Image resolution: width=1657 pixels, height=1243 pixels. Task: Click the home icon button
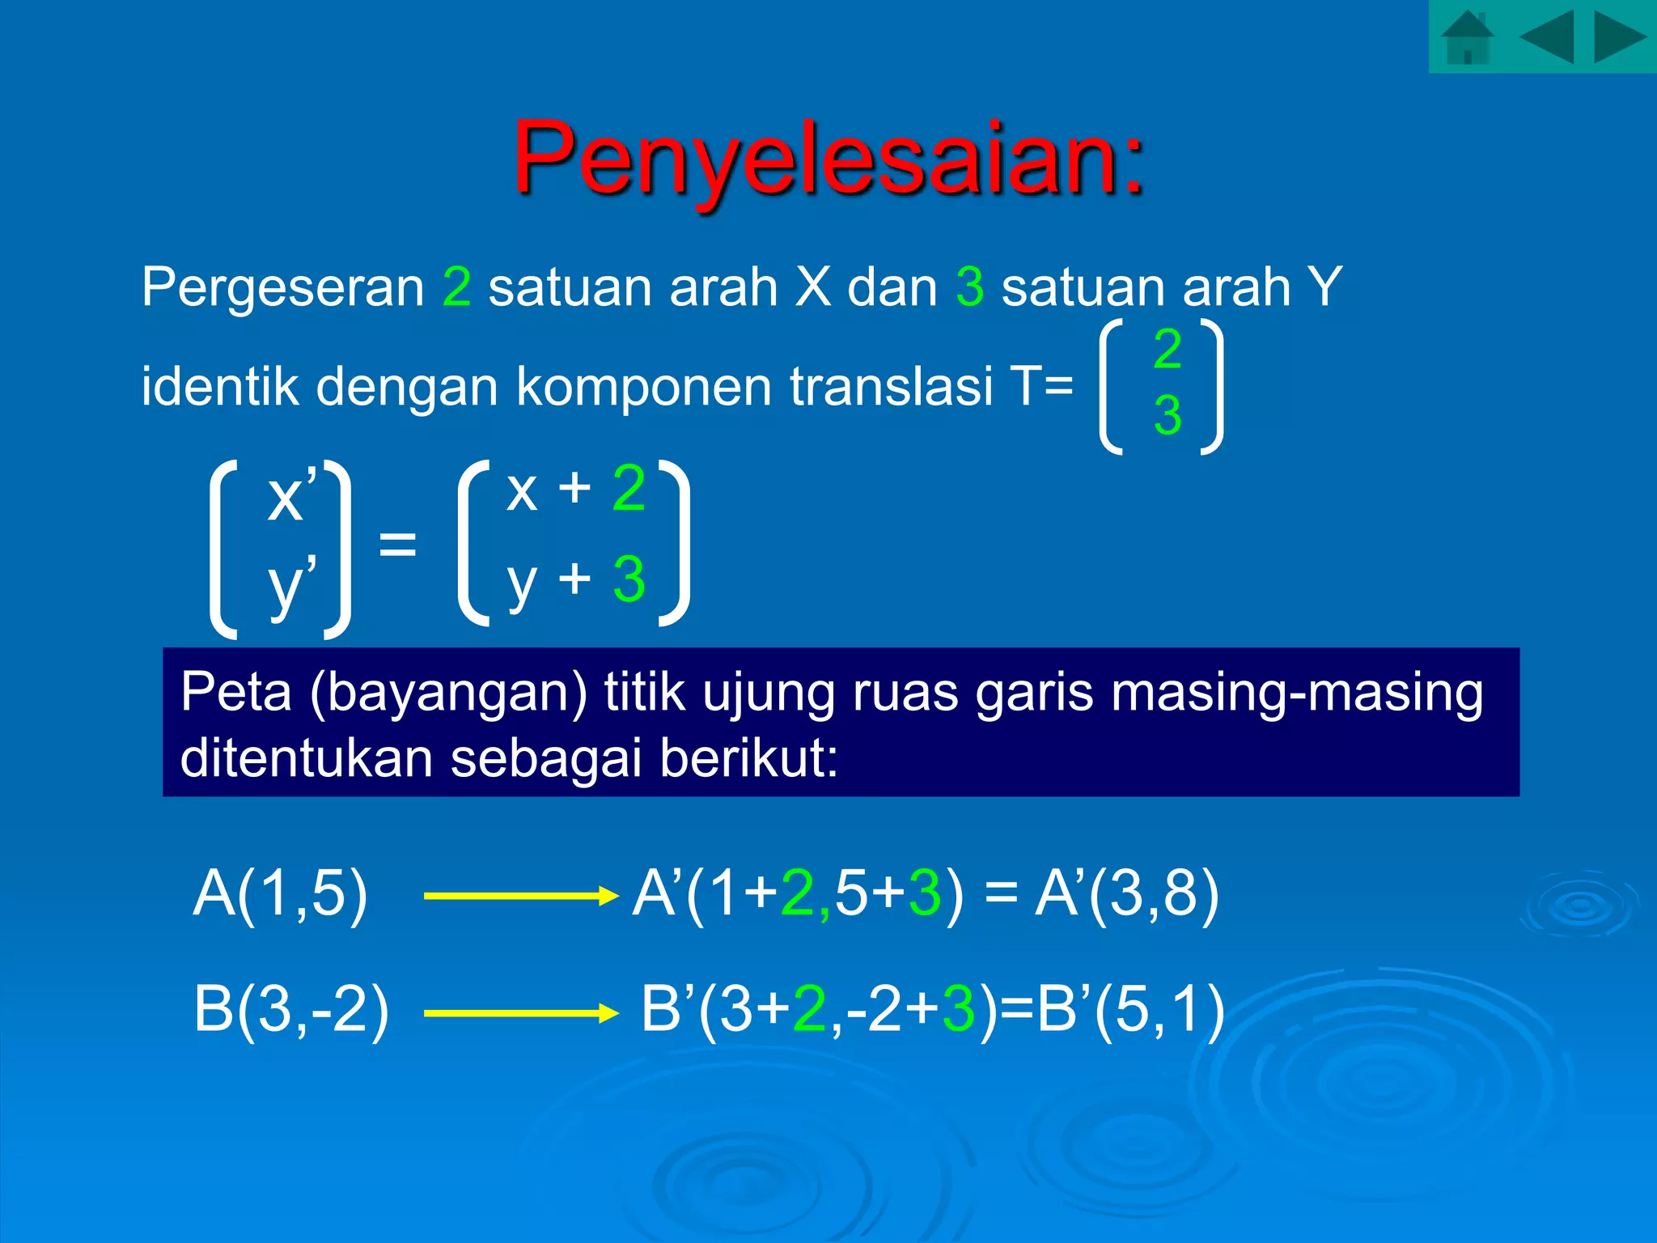click(1467, 38)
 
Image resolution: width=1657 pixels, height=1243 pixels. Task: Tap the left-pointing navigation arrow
click(1546, 37)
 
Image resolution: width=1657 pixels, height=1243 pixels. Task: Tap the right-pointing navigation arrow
click(1620, 37)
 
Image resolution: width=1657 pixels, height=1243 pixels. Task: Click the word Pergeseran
click(283, 287)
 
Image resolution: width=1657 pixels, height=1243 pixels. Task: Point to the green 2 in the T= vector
click(1168, 349)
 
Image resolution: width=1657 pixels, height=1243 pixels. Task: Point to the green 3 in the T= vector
click(1168, 415)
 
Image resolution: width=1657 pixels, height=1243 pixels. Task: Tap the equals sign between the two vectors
click(397, 543)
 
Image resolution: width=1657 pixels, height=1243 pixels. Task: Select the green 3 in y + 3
click(629, 579)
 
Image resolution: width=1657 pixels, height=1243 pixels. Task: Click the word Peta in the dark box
click(235, 694)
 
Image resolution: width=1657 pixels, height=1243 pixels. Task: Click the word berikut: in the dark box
click(748, 758)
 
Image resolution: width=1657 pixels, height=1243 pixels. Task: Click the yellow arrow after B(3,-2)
click(521, 1013)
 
